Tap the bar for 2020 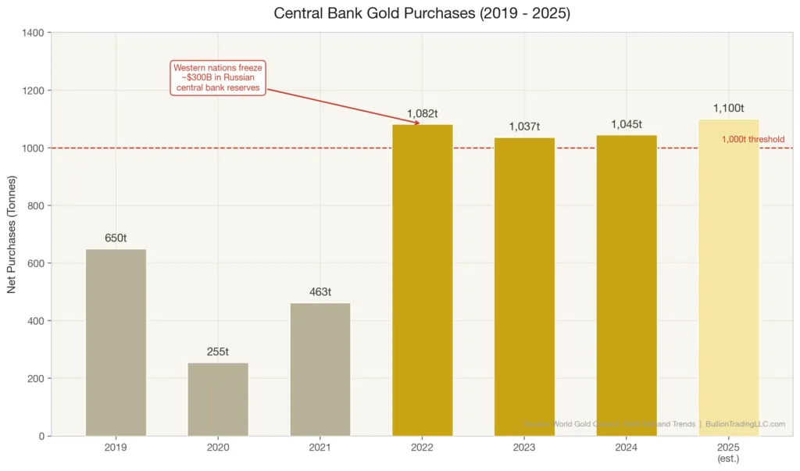pyautogui.click(x=218, y=399)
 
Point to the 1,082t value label pyautogui.click(x=423, y=114)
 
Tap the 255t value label pyautogui.click(x=218, y=352)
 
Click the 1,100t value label pyautogui.click(x=728, y=109)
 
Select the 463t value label pyautogui.click(x=320, y=292)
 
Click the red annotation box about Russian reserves pyautogui.click(x=218, y=78)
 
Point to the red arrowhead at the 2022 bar pyautogui.click(x=418, y=123)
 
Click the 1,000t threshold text pyautogui.click(x=752, y=139)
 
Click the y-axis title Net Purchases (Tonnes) pyautogui.click(x=12, y=234)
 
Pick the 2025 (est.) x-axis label pyautogui.click(x=728, y=453)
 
